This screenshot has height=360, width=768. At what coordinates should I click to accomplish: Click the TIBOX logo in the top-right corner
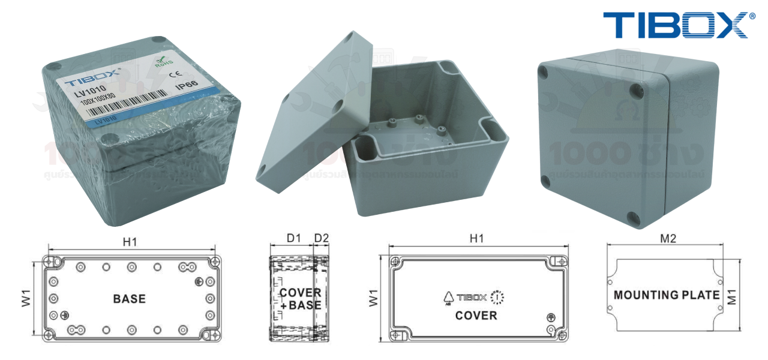675,25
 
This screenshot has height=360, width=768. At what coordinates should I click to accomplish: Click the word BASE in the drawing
129,298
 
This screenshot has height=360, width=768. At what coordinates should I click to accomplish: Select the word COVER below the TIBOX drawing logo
476,315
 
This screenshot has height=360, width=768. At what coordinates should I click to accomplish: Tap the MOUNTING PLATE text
666,295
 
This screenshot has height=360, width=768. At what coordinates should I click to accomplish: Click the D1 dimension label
293,238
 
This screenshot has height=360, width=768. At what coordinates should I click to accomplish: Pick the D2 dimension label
322,238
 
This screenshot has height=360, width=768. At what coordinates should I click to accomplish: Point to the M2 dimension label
668,238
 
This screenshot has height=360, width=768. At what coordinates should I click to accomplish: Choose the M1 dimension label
731,295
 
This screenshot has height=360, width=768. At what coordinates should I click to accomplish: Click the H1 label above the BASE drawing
130,242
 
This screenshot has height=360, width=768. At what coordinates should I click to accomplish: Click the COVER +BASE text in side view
300,299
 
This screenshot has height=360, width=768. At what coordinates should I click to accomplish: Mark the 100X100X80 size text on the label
98,103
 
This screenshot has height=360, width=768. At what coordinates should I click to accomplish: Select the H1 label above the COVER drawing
476,238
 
